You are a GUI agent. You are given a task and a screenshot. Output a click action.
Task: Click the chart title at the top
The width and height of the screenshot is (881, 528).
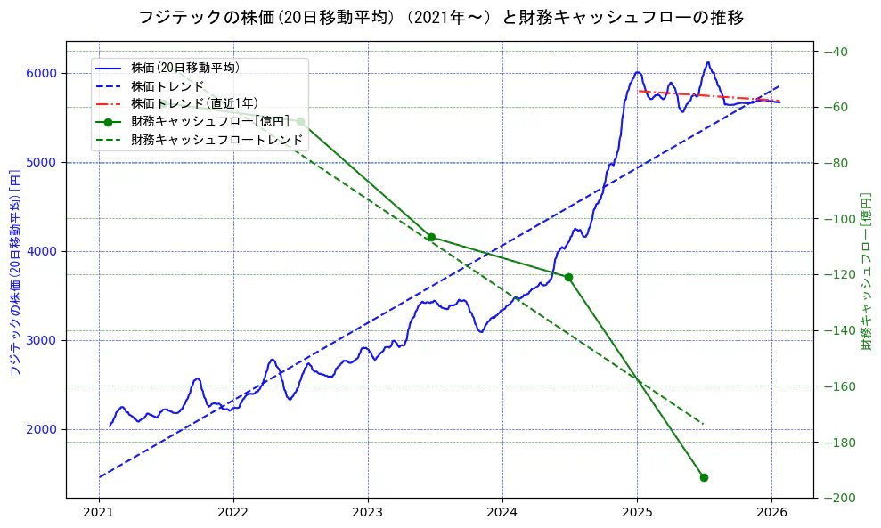pyautogui.click(x=441, y=17)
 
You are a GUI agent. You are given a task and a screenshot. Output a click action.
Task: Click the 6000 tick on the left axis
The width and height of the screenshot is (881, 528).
pyautogui.click(x=45, y=73)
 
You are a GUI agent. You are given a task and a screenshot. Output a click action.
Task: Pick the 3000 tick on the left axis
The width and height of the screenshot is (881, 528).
pyautogui.click(x=45, y=340)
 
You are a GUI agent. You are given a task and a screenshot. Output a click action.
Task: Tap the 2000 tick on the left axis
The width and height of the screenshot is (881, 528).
pyautogui.click(x=45, y=429)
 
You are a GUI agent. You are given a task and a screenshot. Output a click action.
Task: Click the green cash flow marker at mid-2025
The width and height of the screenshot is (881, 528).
pyautogui.click(x=704, y=477)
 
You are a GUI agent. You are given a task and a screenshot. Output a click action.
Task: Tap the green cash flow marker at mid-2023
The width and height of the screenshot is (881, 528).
pyautogui.click(x=431, y=237)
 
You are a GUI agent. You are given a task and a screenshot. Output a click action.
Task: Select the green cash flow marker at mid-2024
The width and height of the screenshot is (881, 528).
pyautogui.click(x=568, y=277)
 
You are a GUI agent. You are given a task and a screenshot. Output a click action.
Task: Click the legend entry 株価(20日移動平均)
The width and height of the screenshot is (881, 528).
pyautogui.click(x=184, y=68)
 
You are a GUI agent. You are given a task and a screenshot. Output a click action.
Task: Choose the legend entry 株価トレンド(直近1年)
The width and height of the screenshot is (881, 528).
pyautogui.click(x=193, y=103)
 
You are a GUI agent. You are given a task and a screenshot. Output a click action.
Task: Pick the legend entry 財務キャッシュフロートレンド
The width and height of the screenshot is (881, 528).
pyautogui.click(x=216, y=140)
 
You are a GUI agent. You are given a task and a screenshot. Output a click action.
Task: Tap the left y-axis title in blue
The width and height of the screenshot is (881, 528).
pyautogui.click(x=14, y=271)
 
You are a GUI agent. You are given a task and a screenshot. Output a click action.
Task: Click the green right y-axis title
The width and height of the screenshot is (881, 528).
pyautogui.click(x=866, y=271)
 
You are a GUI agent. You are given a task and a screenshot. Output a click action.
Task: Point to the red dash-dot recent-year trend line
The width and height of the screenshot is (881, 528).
pyautogui.click(x=713, y=96)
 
